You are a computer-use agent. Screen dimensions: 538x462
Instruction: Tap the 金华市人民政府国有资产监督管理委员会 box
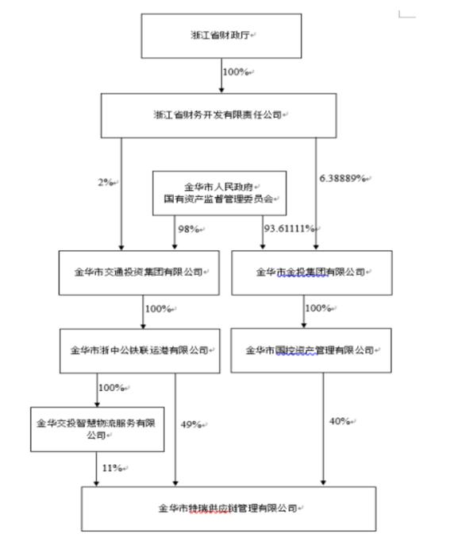pos(221,192)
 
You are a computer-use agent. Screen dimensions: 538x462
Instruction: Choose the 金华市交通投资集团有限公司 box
pos(142,271)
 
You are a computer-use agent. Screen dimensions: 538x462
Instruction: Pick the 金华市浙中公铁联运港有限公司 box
pos(142,349)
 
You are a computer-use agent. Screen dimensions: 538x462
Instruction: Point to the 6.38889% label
pos(342,178)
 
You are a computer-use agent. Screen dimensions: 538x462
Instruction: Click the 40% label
pos(339,420)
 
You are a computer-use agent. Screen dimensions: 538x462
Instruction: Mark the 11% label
pos(110,467)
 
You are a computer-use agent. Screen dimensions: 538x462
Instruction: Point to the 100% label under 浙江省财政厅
pos(236,72)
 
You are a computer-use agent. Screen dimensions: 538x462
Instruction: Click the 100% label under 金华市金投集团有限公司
pos(317,308)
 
